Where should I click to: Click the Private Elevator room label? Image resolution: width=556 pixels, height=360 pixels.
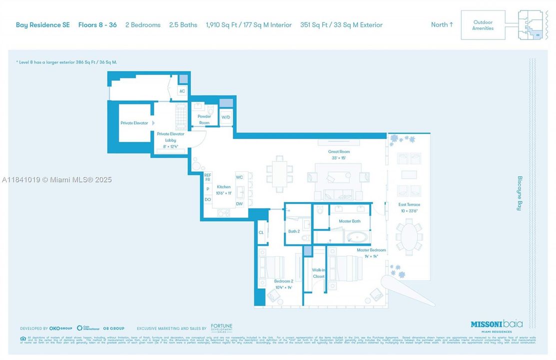134,123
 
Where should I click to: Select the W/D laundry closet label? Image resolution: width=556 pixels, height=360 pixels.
226,117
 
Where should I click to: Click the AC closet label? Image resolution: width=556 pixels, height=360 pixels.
182,91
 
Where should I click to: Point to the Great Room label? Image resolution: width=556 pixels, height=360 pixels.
339,152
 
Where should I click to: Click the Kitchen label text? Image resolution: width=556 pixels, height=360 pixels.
223,187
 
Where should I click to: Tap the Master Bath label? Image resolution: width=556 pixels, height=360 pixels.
349,221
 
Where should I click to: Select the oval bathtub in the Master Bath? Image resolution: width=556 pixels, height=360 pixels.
357,236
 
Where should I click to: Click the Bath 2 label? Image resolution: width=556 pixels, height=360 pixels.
294,231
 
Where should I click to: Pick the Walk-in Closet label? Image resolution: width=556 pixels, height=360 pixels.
318,273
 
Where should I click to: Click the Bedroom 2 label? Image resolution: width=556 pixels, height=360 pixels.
283,281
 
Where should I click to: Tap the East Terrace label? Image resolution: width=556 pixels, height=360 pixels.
409,204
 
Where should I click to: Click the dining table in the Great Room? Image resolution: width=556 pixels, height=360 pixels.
279,172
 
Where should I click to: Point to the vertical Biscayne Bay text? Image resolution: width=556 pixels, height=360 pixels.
519,193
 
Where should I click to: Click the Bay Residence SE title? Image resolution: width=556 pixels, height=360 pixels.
43,25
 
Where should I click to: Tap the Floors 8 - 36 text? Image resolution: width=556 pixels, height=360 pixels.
97,25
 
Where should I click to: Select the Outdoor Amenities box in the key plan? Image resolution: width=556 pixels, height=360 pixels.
483,25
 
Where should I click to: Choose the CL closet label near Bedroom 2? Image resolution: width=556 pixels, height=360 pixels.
261,232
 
